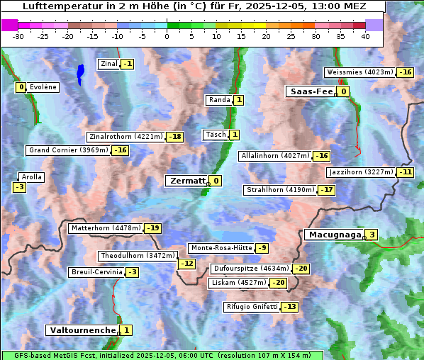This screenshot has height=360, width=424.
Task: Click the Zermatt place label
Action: [186, 181]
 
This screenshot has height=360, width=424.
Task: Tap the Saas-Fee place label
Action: [311, 91]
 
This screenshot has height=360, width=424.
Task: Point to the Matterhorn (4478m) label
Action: [106, 228]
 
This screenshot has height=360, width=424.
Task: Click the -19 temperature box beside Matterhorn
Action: [152, 228]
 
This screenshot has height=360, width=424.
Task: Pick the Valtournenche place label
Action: [82, 330]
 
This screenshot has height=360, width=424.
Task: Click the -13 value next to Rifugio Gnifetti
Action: [290, 307]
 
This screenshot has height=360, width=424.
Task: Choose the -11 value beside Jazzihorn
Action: [405, 172]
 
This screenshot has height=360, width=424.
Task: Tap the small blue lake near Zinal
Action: [80, 72]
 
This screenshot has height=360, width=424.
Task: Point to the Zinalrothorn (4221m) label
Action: [125, 136]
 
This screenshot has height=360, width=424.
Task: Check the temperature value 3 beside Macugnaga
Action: [372, 235]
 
